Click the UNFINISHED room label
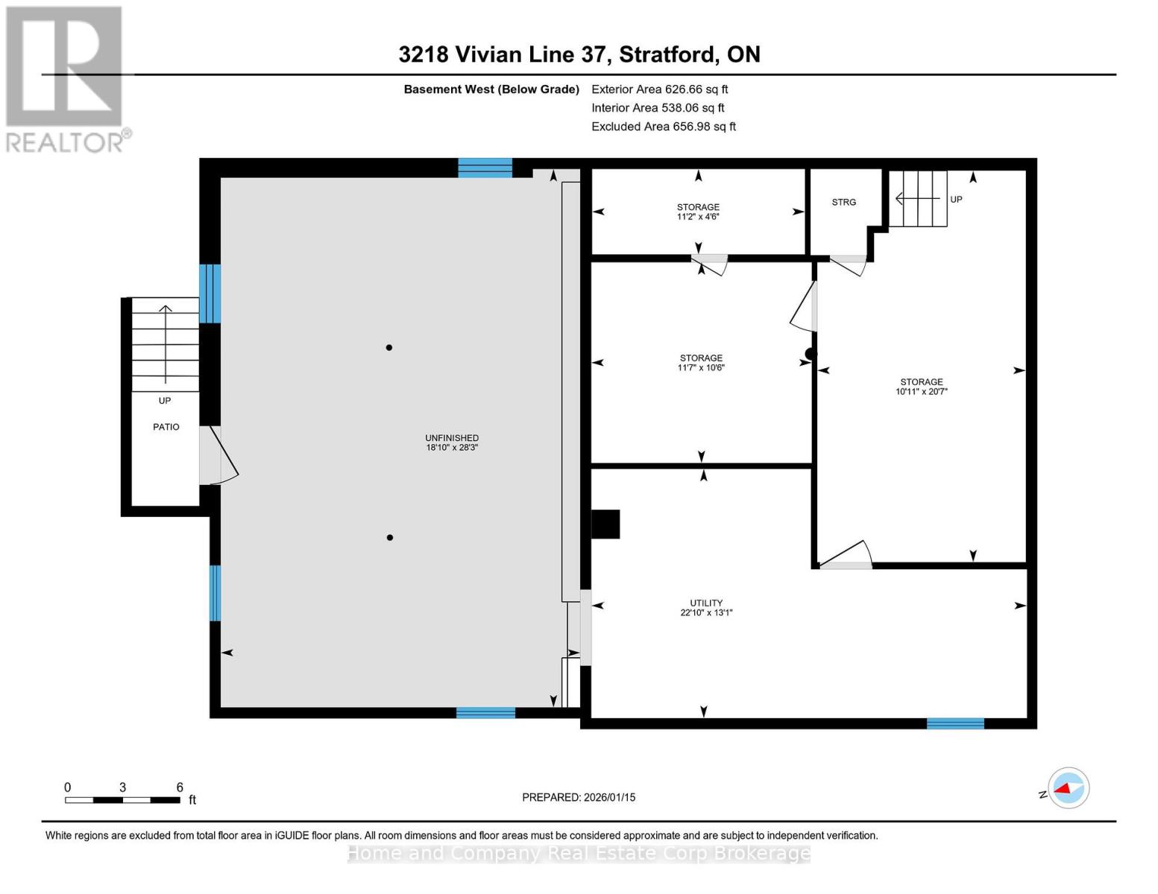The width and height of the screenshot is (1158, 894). (451, 437)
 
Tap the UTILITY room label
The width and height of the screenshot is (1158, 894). (706, 603)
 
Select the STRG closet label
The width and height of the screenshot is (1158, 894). (843, 202)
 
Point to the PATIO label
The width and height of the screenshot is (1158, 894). (166, 426)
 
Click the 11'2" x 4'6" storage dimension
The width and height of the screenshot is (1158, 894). (698, 216)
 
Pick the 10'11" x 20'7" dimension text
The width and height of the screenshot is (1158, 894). (922, 391)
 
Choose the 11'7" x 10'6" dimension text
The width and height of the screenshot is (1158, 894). (701, 367)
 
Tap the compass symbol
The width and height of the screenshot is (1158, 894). (1068, 788)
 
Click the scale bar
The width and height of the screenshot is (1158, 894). (122, 799)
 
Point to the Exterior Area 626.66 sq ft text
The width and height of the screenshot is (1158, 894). (659, 89)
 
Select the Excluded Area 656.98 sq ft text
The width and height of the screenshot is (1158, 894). (664, 127)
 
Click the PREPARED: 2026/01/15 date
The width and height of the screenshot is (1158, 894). (579, 797)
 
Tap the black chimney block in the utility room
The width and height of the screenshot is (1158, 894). (605, 524)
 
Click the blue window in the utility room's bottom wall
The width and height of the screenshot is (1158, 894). (955, 723)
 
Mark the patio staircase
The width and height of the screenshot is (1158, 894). (166, 344)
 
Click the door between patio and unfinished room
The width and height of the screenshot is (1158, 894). (218, 455)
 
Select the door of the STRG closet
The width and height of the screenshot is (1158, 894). (848, 265)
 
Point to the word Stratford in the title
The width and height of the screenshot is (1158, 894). (667, 54)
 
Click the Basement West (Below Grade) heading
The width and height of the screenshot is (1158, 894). (491, 89)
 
